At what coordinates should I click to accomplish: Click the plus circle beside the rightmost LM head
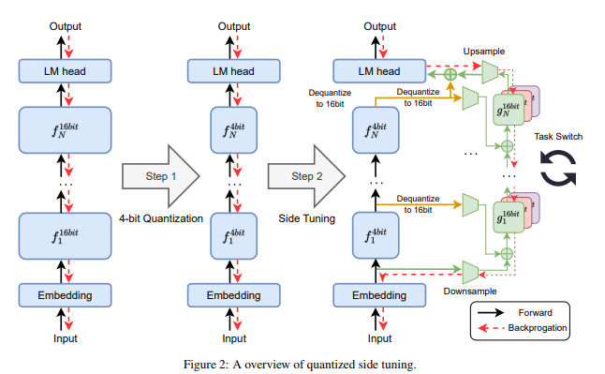point(450,72)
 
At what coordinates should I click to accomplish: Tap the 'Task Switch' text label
point(558,137)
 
